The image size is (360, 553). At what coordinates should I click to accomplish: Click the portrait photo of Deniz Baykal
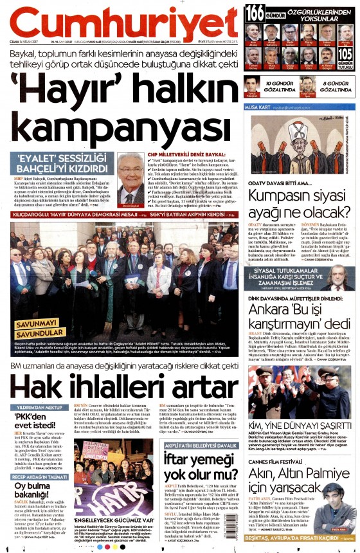(x=133, y=179)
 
